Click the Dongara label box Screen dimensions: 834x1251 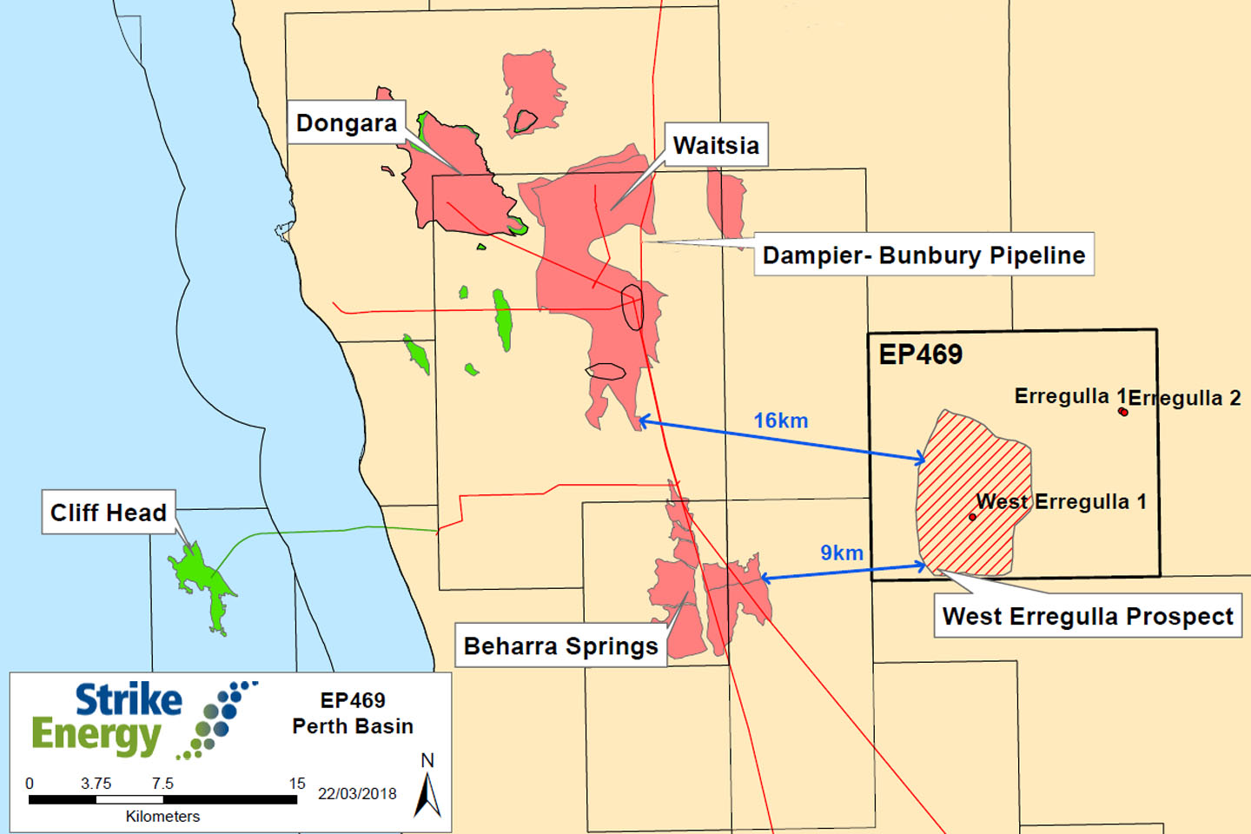pos(347,122)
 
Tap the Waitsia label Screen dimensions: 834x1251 pos(716,145)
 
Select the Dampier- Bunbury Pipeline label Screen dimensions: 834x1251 pos(923,255)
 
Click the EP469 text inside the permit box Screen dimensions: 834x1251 pos(921,354)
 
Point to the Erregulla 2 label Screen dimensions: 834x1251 pos(1185,398)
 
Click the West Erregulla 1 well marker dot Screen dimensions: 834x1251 pos(972,517)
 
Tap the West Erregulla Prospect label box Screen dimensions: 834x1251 pos(1088,616)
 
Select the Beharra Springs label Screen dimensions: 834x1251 pos(560,645)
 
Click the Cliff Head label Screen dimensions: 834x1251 pos(109,512)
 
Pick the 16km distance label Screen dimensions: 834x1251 pos(780,420)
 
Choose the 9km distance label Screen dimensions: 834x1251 pos(842,553)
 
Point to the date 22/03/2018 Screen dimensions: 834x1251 pos(357,793)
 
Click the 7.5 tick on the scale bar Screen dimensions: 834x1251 pos(162,784)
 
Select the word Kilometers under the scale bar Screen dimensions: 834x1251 pos(162,816)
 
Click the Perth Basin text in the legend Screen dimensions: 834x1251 pos(353,725)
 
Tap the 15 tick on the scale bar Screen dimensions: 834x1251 pos(297,784)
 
